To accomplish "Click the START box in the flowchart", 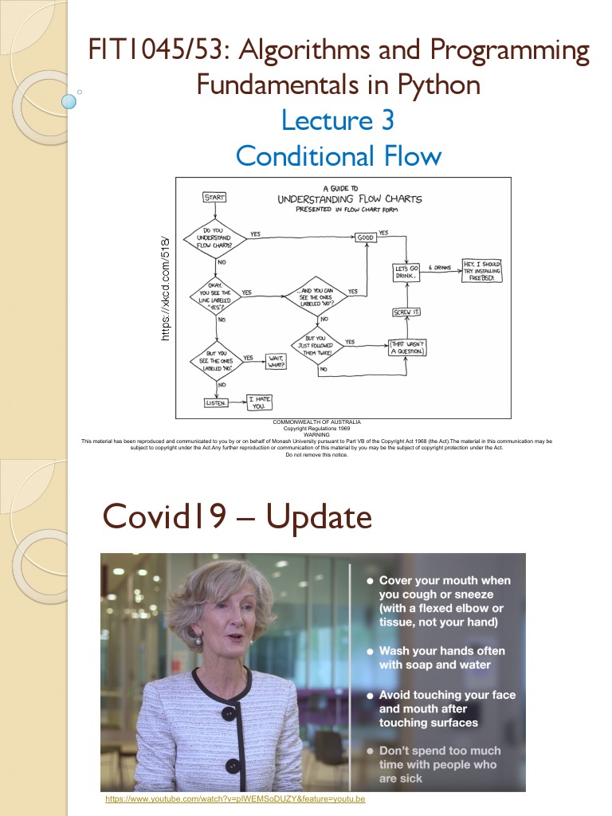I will click(x=214, y=197).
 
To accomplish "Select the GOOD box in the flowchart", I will click(x=365, y=237).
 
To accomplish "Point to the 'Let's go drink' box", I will click(x=406, y=273).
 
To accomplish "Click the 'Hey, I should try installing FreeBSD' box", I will click(x=481, y=272).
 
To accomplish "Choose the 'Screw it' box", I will click(x=406, y=312).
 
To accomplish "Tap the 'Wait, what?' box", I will click(x=276, y=362).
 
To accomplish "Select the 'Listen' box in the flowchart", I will click(x=215, y=403).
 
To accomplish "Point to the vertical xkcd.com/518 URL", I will click(x=166, y=288).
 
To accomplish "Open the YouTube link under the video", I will click(x=235, y=798).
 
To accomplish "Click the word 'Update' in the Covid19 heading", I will click(x=319, y=518).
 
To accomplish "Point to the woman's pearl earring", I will click(x=198, y=640).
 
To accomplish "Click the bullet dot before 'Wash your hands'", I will click(x=369, y=651).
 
